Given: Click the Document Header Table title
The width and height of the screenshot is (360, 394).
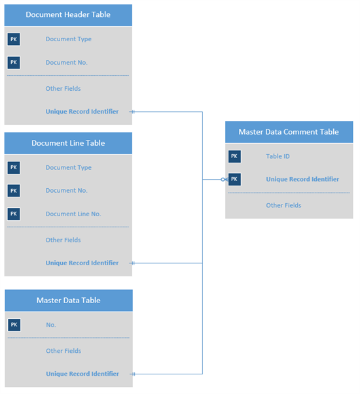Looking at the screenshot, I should [68, 14].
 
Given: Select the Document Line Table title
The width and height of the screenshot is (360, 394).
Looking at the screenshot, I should [68, 143].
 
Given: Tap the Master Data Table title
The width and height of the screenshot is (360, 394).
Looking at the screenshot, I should [68, 300].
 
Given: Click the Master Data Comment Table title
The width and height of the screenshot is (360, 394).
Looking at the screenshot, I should [289, 132].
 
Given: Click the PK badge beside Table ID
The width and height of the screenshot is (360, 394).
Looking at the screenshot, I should [234, 156].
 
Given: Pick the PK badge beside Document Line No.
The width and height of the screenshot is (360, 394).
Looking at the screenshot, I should [14, 214].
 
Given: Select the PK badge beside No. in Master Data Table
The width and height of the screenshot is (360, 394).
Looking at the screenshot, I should [14, 325].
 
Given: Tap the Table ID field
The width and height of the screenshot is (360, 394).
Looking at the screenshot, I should [278, 156].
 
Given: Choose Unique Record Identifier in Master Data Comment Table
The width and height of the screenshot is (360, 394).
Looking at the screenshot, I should [302, 179].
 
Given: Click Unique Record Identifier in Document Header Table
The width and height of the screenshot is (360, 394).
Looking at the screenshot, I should [82, 112].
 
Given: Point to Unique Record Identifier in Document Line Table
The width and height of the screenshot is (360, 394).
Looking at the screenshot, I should [82, 263].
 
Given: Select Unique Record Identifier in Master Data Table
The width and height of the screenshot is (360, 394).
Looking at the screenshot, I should [82, 374].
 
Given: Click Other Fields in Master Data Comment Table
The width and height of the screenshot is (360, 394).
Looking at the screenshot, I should [283, 205].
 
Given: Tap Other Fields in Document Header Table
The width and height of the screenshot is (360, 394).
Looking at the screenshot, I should [63, 88].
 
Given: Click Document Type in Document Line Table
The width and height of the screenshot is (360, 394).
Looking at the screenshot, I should [68, 167].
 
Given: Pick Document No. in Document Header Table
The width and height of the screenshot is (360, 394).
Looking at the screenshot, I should [66, 63].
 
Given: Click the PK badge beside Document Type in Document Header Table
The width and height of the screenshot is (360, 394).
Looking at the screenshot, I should [14, 39].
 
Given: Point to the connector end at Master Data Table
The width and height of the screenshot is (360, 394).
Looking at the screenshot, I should [134, 374].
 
